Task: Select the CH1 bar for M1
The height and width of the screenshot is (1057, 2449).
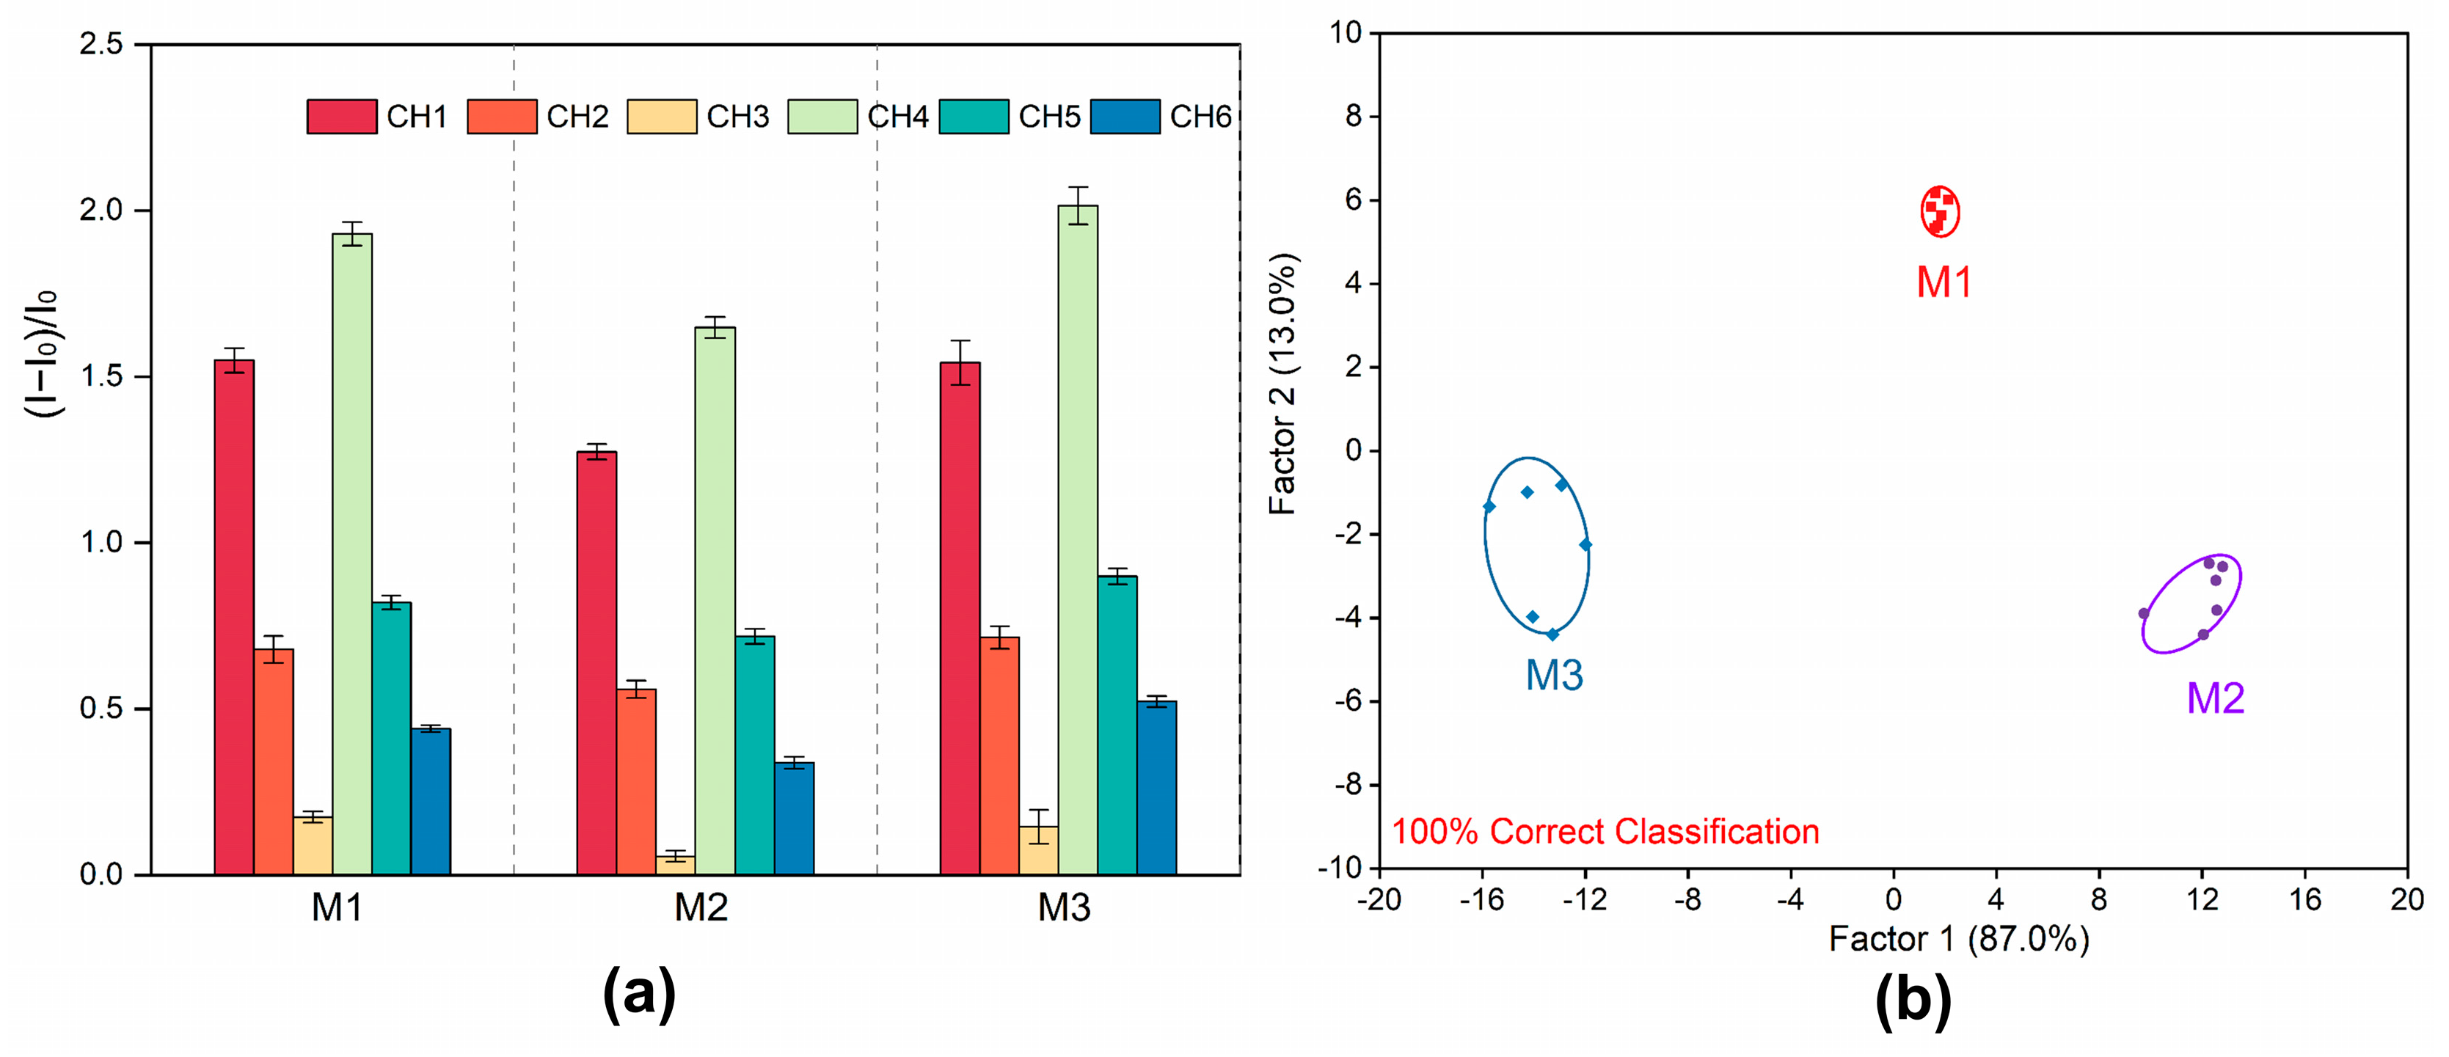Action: point(234,618)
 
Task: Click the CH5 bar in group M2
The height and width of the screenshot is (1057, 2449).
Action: point(754,756)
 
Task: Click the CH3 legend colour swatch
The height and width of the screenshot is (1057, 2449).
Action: point(662,116)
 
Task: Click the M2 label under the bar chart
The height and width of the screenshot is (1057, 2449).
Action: point(701,908)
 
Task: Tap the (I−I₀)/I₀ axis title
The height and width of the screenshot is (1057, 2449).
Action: point(41,354)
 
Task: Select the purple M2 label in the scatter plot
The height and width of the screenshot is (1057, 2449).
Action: point(2215,698)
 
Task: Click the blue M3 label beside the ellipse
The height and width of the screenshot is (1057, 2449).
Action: point(1555,675)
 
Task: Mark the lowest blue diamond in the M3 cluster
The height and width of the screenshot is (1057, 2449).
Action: point(1552,634)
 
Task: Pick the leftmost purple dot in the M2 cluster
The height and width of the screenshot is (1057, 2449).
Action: point(2144,613)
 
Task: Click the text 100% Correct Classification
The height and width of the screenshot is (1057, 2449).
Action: point(1605,832)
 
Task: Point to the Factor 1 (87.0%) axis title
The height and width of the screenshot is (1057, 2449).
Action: point(1958,939)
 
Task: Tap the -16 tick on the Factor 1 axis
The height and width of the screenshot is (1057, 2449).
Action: point(1482,899)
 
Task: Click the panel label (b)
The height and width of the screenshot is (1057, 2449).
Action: point(1913,998)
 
